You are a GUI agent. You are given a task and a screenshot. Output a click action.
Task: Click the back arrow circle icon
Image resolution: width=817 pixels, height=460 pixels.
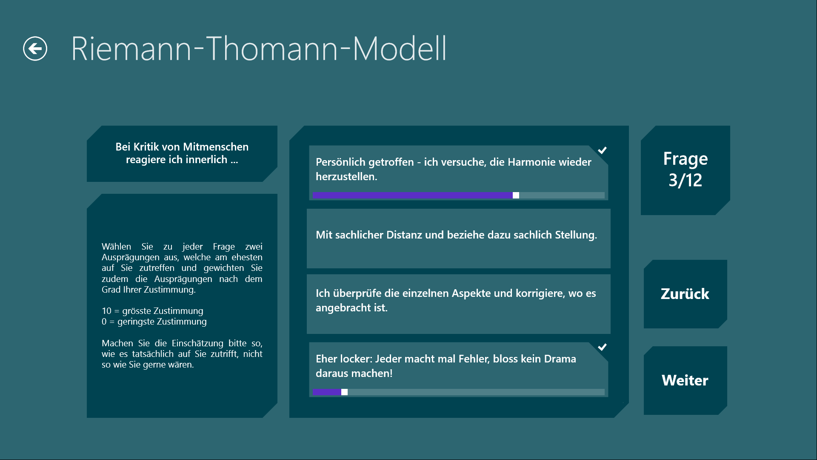tap(35, 49)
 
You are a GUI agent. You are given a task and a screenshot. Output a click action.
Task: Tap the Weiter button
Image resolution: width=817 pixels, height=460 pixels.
tap(685, 380)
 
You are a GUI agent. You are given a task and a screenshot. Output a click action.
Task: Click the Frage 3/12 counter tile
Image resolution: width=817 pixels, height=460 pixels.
tap(685, 170)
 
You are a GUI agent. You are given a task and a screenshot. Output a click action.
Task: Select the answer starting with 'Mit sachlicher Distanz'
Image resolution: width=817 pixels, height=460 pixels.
tap(458, 239)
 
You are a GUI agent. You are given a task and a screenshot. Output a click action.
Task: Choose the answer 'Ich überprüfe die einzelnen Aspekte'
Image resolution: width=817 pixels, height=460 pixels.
tap(458, 304)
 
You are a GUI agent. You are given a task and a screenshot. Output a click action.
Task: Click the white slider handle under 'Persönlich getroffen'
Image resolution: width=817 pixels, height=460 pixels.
tap(516, 195)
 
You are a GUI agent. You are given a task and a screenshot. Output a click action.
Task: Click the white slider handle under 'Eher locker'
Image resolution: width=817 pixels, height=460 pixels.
tap(344, 392)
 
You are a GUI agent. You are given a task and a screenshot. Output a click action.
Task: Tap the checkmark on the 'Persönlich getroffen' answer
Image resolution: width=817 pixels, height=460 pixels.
tap(602, 150)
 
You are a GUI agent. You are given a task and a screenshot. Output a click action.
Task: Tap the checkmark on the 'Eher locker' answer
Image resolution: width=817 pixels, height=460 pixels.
tap(602, 347)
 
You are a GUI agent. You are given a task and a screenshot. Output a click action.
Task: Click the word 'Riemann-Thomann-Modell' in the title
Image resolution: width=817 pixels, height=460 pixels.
tap(259, 49)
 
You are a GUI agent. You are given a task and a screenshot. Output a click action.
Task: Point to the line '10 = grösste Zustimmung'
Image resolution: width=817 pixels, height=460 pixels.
tap(152, 311)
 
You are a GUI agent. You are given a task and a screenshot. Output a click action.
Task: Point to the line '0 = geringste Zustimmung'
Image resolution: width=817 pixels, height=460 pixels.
tap(154, 322)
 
